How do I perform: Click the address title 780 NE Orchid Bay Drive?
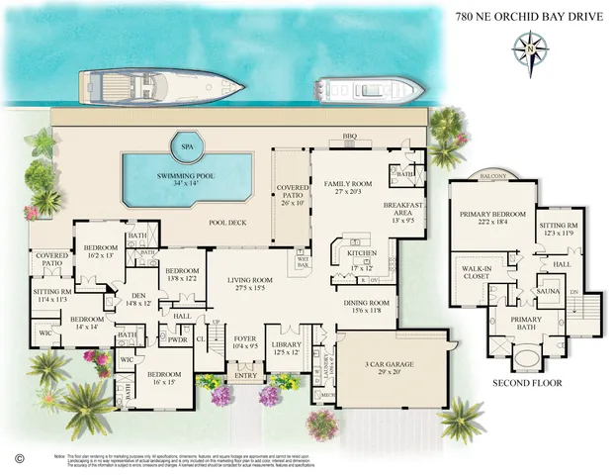532,17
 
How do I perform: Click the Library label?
289,349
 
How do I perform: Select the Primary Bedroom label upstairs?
488,218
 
